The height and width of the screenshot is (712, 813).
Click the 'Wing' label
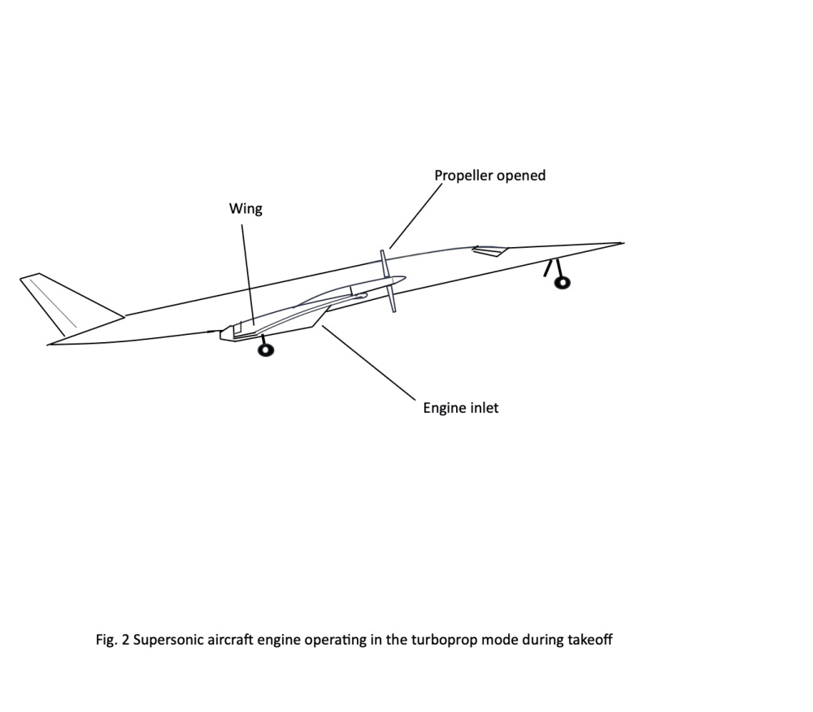click(x=246, y=209)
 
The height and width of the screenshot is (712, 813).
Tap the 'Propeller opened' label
click(x=489, y=176)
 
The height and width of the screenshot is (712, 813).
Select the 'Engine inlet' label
click(x=460, y=408)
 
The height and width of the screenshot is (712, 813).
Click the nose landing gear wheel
click(x=561, y=282)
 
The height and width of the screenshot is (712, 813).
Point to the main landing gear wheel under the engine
click(x=265, y=350)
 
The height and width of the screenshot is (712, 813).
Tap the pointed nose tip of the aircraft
click(x=622, y=242)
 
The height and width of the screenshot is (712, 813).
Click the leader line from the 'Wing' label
click(x=248, y=272)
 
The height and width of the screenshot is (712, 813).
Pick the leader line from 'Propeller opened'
click(x=415, y=216)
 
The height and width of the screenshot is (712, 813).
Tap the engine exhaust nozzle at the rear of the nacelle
click(x=224, y=333)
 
